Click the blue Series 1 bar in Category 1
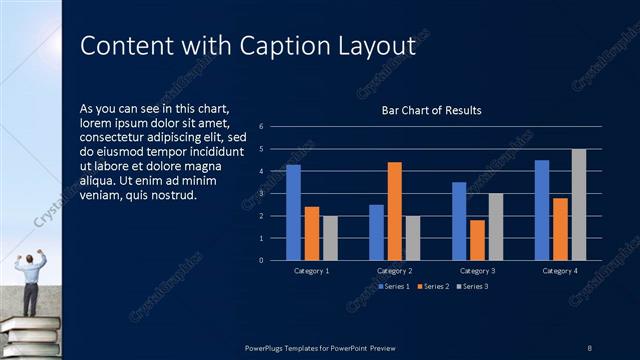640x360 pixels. [293, 212]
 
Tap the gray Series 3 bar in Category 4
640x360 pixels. [579, 204]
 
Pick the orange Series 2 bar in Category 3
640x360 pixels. [477, 240]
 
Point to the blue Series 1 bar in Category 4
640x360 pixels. [542, 210]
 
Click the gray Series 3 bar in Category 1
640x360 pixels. [330, 238]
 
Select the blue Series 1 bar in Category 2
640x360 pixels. [376, 232]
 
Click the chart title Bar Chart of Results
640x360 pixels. [432, 111]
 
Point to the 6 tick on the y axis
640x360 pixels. [261, 127]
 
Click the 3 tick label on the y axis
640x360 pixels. [261, 194]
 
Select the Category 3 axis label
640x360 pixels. [477, 271]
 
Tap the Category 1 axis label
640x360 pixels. [311, 271]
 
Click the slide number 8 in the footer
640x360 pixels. [589, 347]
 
